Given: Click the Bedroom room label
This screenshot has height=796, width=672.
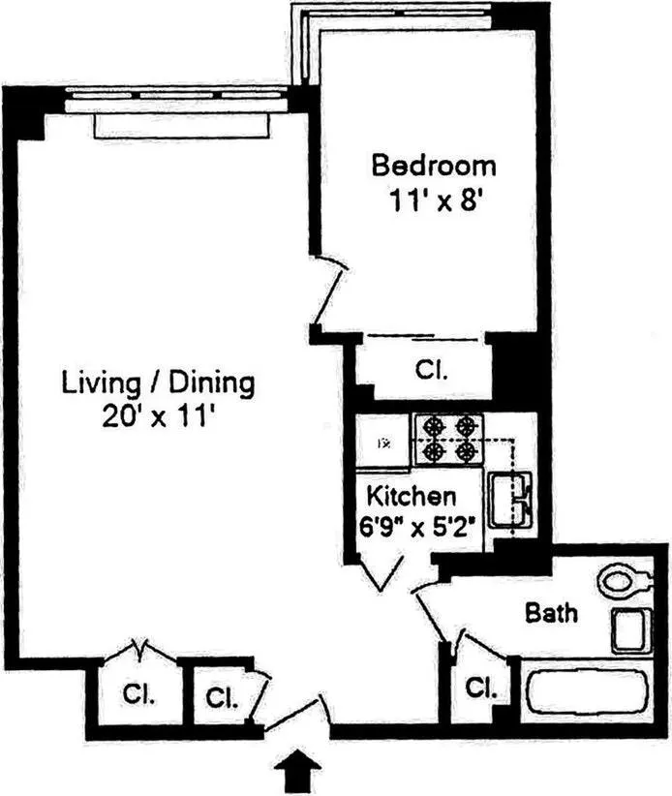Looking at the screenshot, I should tap(434, 165).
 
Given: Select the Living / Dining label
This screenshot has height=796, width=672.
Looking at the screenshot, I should tap(159, 383).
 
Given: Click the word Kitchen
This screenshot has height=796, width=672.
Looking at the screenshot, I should tap(411, 497).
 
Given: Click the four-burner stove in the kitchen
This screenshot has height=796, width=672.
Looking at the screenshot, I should tap(448, 439).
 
